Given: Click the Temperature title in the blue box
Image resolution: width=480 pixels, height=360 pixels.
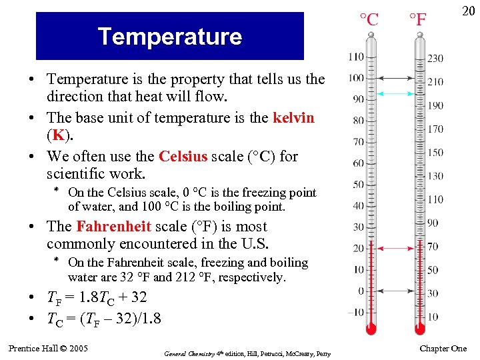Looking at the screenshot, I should point(169,36).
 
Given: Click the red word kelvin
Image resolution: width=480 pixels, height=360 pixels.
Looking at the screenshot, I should point(293,119).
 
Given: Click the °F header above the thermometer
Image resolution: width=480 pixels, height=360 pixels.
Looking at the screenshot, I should point(417,19).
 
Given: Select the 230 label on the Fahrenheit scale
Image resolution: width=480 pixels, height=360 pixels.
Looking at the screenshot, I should point(435,59).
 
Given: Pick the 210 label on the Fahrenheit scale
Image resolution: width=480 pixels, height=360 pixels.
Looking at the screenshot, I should point(435,82).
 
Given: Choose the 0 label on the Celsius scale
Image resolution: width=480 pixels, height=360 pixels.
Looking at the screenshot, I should point(361,291).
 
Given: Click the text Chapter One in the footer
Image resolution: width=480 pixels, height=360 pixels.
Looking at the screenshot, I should point(443,349).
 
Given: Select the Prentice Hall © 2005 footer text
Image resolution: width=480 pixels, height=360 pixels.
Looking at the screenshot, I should point(49,348).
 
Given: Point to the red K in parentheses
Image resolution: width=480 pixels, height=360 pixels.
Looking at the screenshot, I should point(59,136).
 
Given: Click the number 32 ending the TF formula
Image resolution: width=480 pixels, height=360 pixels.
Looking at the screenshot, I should point(139,297).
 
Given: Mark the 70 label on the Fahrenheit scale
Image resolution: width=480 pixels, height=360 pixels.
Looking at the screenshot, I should point(433,247).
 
